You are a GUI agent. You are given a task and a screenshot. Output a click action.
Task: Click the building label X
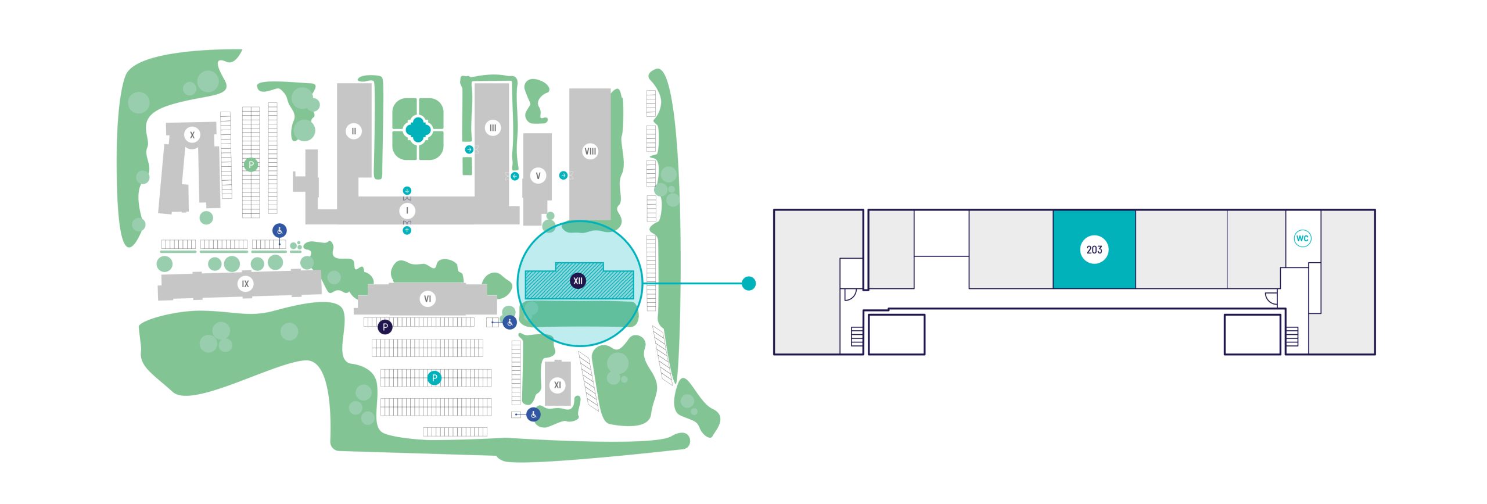pos(192,135)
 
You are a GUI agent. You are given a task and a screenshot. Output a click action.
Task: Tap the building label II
pos(353,131)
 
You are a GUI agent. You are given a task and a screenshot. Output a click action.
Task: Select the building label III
pos(493,128)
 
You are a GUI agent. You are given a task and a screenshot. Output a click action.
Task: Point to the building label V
pos(538,176)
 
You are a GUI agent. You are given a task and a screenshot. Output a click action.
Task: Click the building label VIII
pos(590,151)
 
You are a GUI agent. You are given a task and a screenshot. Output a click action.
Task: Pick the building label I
pos(407,210)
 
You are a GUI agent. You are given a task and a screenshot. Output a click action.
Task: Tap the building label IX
pos(245,284)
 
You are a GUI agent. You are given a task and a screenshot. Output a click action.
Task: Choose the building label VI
pos(428,299)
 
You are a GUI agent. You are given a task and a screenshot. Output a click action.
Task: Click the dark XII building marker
pos(577,281)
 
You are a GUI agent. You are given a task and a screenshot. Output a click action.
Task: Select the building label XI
pos(557,385)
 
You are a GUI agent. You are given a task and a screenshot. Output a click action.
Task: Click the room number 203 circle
pos(1094,250)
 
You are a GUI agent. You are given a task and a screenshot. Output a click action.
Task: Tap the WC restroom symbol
pos(1302,238)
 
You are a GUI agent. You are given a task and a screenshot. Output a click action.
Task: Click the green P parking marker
pos(251,165)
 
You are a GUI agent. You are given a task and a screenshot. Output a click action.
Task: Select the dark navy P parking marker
pos(385,327)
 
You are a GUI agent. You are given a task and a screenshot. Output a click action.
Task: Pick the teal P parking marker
pos(434,378)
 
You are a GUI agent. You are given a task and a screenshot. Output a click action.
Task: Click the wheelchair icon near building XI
pos(533,414)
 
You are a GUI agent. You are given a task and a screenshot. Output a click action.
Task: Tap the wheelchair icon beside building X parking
pos(279,231)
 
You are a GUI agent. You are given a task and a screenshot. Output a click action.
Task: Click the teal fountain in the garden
pos(417,130)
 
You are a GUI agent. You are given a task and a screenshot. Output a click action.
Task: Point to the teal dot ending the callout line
pos(749,284)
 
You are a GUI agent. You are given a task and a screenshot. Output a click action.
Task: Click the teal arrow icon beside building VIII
pos(563,175)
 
